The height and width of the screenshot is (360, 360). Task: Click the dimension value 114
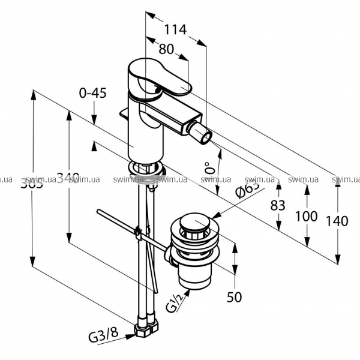(x=175, y=28)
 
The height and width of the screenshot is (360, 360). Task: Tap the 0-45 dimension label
(x=92, y=93)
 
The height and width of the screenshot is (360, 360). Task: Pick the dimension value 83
(x=277, y=204)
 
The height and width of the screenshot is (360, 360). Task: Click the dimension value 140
(x=338, y=220)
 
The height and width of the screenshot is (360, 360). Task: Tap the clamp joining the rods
(x=139, y=232)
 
